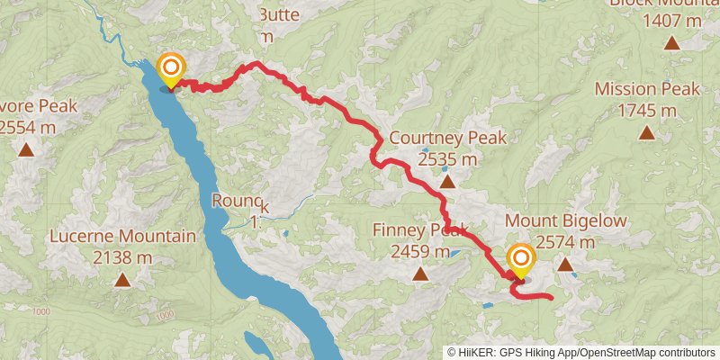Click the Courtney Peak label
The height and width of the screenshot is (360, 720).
(x=448, y=139)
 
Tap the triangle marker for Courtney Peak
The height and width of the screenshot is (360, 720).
(x=448, y=182)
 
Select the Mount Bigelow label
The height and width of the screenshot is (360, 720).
(x=565, y=220)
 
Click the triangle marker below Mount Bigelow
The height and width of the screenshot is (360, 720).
(x=565, y=264)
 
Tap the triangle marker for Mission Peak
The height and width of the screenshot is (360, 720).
(x=646, y=133)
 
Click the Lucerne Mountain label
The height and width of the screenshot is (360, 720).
(x=122, y=237)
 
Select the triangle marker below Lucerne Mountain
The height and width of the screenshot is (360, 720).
(x=122, y=280)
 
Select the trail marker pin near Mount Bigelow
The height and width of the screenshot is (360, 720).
(x=520, y=261)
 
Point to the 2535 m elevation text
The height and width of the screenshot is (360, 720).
(x=448, y=159)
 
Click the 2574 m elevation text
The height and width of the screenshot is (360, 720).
(x=565, y=241)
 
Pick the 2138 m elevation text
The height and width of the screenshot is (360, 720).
(x=122, y=257)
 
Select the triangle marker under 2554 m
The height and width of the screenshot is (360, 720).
(x=28, y=149)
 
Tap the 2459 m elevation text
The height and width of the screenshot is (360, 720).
(x=420, y=252)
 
